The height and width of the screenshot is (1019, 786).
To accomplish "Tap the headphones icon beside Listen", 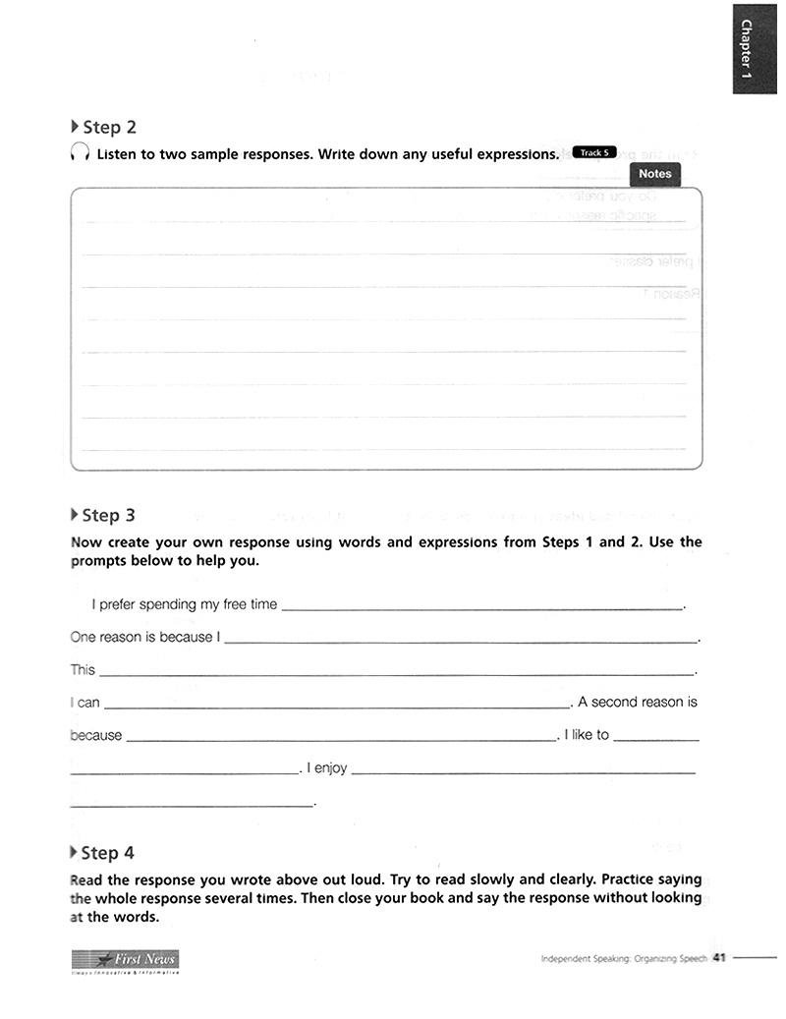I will point(81,154).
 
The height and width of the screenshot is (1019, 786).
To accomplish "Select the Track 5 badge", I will point(592,152).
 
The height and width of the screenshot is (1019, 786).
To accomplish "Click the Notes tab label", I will point(654,174).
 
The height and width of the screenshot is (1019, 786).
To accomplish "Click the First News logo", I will point(125,960).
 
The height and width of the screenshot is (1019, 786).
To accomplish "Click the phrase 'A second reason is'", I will point(638,702).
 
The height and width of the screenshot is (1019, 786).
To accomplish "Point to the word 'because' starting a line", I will point(96,735).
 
